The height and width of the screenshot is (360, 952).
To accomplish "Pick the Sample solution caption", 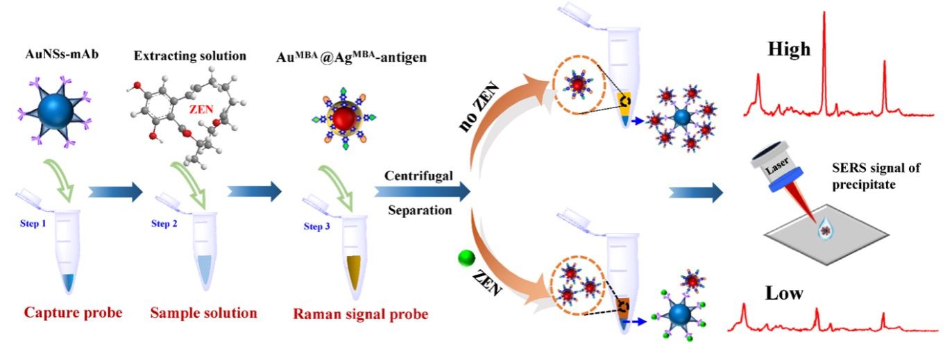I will pos(203,313).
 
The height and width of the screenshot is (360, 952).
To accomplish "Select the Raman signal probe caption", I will pos(361,314).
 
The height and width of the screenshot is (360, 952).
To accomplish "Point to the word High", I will pos(788,50).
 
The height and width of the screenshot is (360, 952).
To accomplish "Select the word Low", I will pos(785,293).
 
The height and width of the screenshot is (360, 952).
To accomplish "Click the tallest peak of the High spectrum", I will pos(824,15).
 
